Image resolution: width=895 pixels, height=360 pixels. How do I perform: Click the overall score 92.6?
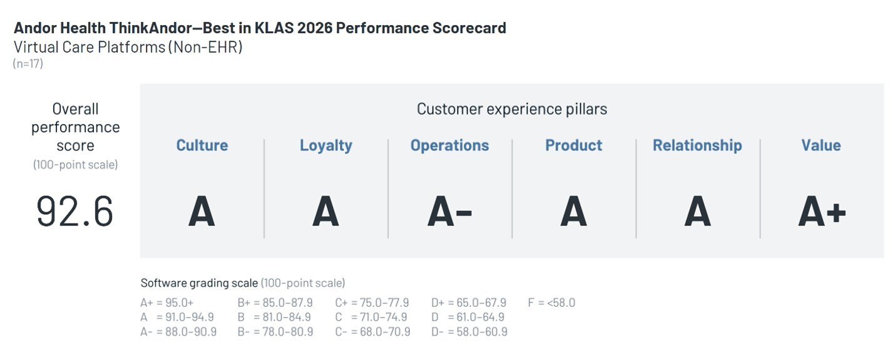(x=74, y=212)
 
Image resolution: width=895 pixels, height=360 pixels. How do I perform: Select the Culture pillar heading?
(x=202, y=145)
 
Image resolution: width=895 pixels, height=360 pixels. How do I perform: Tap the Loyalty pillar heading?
(x=326, y=146)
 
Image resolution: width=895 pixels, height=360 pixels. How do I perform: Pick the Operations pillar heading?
(x=449, y=146)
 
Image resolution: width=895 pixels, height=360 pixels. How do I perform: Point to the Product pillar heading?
(x=574, y=145)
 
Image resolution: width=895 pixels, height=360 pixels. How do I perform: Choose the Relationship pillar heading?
(x=697, y=146)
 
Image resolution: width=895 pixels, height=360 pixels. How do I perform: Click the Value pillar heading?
(x=821, y=145)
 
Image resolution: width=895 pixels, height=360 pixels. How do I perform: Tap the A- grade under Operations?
(x=449, y=212)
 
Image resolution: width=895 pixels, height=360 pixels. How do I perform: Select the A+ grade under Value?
(x=822, y=212)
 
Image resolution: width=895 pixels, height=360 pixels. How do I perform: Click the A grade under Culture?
(x=202, y=212)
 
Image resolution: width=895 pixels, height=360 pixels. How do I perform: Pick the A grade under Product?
(x=574, y=212)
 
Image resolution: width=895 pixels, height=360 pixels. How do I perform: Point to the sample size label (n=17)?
(x=28, y=63)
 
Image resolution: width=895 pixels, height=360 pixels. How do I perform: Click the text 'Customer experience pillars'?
(x=512, y=109)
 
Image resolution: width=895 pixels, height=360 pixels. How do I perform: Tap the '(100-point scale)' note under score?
(x=76, y=165)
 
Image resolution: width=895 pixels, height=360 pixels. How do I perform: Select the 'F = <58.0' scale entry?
(x=551, y=302)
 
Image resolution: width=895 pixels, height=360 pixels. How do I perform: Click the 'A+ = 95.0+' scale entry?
(x=166, y=302)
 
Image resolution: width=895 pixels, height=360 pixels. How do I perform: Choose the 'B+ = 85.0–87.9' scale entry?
(x=275, y=302)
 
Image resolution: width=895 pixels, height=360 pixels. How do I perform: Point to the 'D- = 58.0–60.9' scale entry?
(x=469, y=332)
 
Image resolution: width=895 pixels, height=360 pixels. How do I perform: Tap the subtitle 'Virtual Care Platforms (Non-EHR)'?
(x=128, y=47)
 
